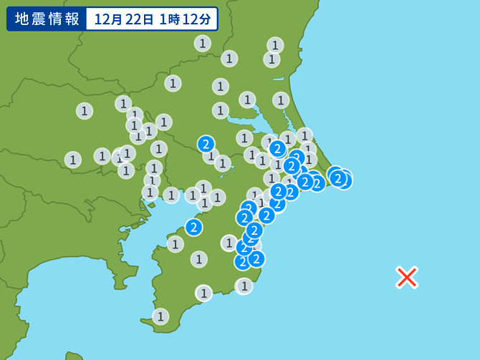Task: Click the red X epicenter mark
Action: pyautogui.click(x=407, y=277)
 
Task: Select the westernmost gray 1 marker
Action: pyautogui.click(x=73, y=160)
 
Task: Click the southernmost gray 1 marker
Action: pyautogui.click(x=160, y=316)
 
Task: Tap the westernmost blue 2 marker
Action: pyautogui.click(x=193, y=228)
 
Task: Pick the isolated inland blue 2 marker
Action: pyautogui.click(x=206, y=144)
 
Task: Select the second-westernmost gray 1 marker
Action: pyautogui.click(x=85, y=111)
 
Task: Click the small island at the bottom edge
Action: pyautogui.click(x=74, y=356)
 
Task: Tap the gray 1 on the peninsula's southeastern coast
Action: pyautogui.click(x=244, y=286)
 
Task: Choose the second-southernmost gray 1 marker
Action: pyautogui.click(x=204, y=293)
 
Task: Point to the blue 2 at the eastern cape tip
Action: pyautogui.click(x=338, y=178)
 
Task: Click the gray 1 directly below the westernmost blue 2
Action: pyautogui.click(x=176, y=244)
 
